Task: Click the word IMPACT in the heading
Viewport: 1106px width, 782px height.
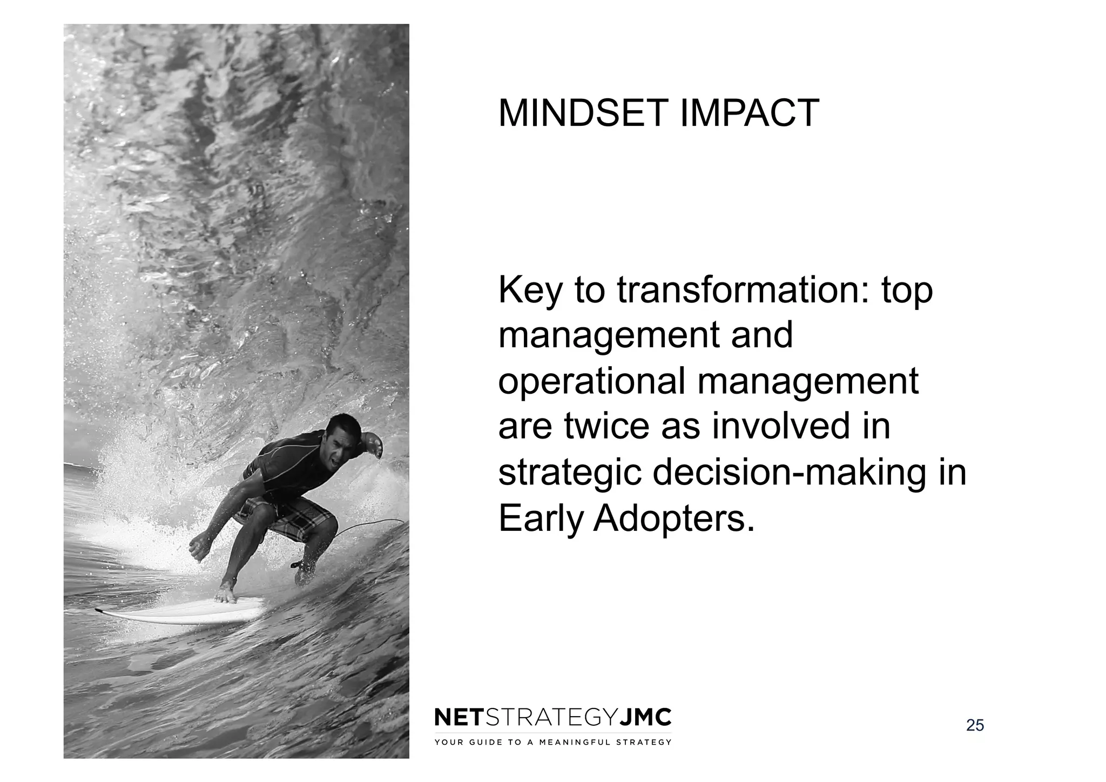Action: click(749, 113)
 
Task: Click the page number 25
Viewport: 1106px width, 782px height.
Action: click(975, 725)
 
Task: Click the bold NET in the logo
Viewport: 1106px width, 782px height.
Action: click(459, 718)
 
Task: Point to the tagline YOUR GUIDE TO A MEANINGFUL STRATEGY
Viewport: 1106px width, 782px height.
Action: click(553, 742)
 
